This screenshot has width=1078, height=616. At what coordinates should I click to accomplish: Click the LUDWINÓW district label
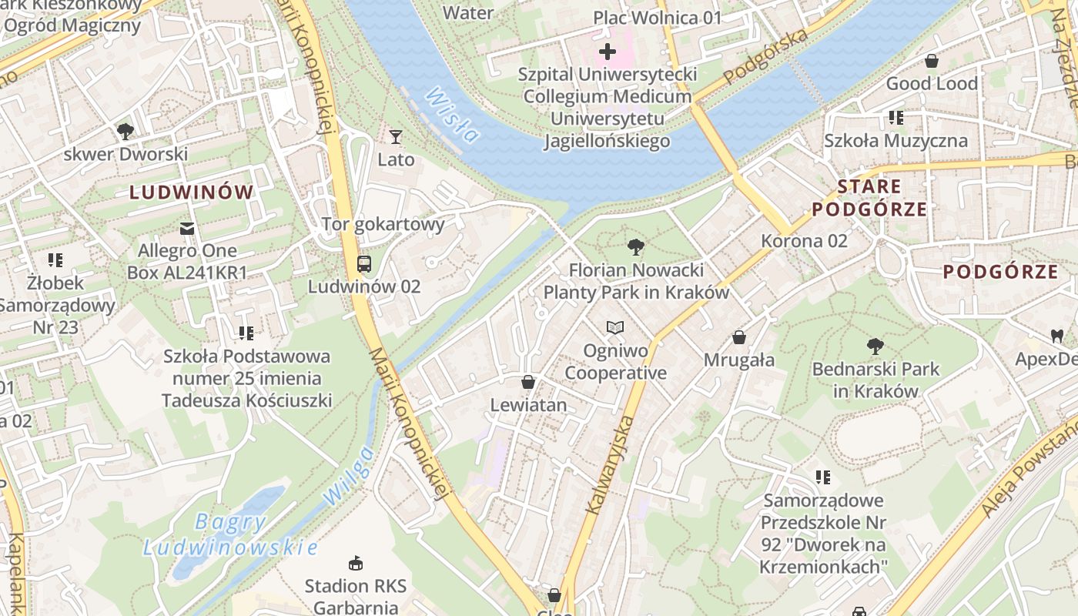click(x=191, y=192)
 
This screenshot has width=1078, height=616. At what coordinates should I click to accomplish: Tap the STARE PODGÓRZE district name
click(x=869, y=198)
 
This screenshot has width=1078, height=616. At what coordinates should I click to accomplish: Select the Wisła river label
click(x=451, y=115)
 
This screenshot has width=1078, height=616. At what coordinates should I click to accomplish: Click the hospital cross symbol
click(x=608, y=52)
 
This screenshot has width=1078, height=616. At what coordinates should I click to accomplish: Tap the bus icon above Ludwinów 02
click(x=364, y=264)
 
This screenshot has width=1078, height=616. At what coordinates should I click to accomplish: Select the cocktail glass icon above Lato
click(x=396, y=137)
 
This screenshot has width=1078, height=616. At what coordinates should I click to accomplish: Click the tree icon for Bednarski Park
click(x=875, y=346)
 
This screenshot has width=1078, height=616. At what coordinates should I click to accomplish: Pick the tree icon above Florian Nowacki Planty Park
click(x=636, y=247)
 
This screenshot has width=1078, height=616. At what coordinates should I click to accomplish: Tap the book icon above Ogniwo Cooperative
click(x=614, y=328)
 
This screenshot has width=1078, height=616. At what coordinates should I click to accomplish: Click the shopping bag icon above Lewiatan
click(x=528, y=382)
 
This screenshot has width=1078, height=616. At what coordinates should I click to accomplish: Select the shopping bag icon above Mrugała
click(x=739, y=337)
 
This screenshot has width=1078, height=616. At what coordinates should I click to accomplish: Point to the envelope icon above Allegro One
click(x=187, y=228)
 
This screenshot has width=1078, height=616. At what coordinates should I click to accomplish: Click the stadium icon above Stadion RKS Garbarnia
click(x=355, y=563)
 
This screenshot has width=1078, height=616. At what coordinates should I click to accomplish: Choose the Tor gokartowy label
click(x=383, y=224)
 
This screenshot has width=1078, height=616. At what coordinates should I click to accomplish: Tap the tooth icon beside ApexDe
click(x=1056, y=336)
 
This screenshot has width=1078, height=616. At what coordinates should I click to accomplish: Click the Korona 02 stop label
click(x=804, y=240)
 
